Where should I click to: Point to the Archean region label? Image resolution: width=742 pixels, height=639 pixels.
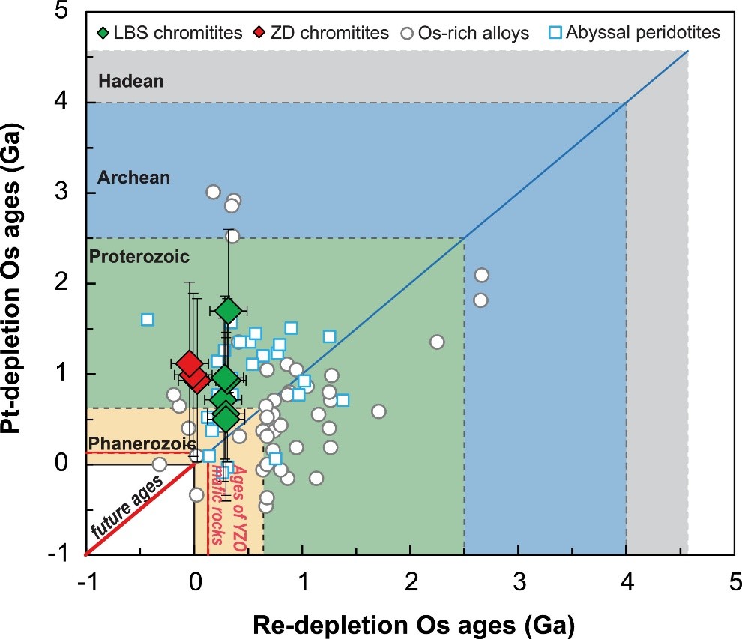pos(133,178)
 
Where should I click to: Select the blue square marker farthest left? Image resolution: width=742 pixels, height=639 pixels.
pos(148,320)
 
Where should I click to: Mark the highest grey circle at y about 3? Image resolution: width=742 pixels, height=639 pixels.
pos(213,192)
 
